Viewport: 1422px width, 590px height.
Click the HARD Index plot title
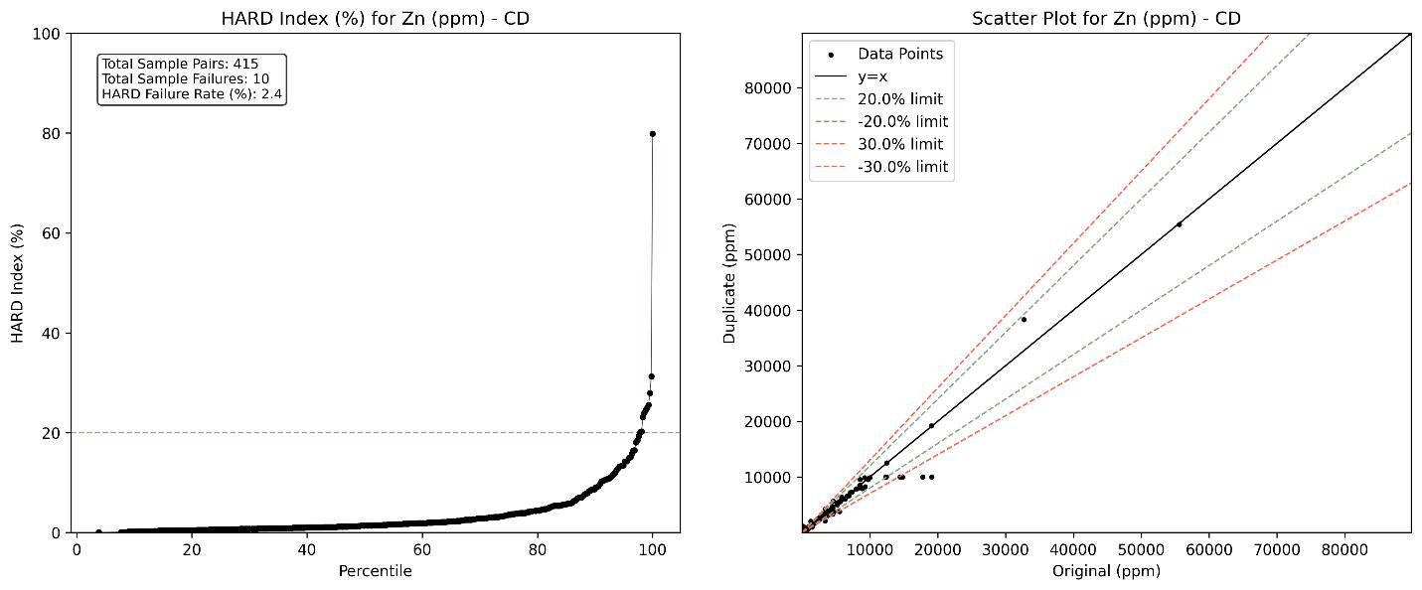coord(376,19)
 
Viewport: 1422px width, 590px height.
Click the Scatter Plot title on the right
coord(1106,19)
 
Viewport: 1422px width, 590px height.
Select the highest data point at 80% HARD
coord(653,134)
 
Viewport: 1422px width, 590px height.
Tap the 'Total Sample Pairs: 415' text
coord(180,65)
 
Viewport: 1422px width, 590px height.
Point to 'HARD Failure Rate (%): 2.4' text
coord(193,94)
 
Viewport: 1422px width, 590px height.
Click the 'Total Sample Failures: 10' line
coord(186,79)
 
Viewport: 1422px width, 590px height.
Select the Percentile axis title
coord(376,571)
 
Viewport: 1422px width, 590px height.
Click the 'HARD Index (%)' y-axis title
coord(18,283)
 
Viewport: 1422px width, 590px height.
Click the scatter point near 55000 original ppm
coord(1179,224)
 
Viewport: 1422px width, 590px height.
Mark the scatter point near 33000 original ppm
coord(1024,320)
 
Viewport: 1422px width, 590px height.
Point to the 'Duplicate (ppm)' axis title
coord(729,283)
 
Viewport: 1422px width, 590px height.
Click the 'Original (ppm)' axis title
coord(1106,571)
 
